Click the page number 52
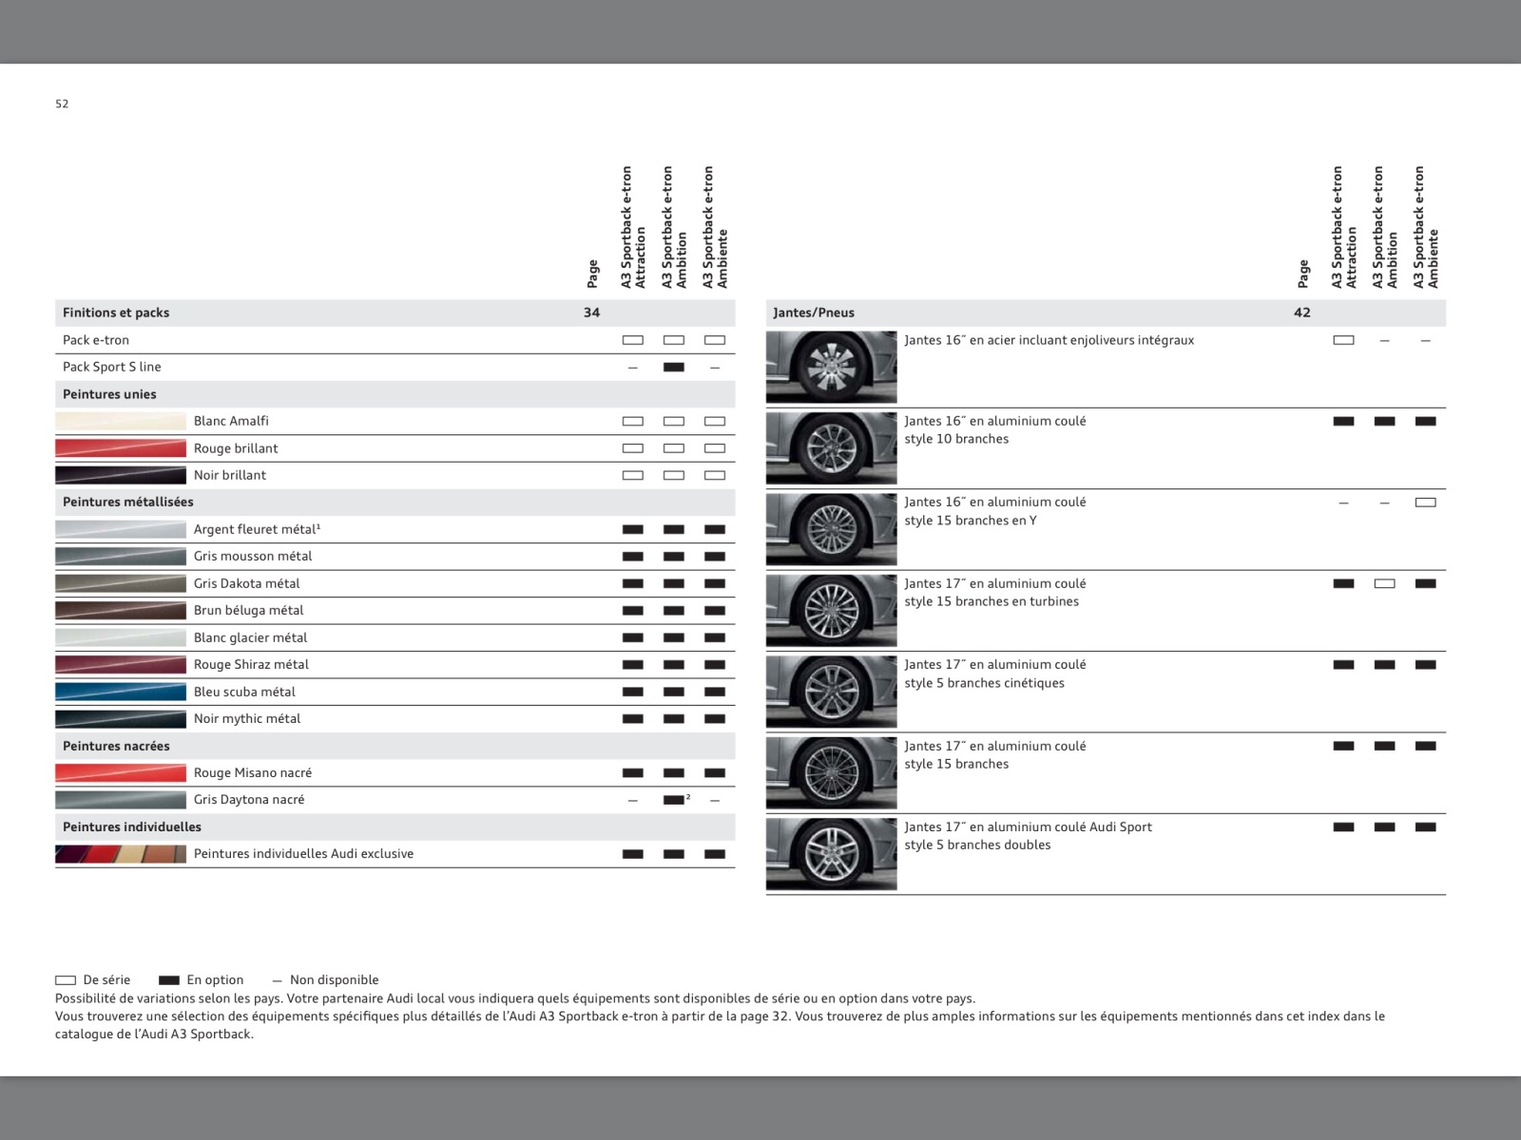pos(62,104)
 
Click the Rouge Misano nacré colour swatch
pos(121,772)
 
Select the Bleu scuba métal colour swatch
pos(121,692)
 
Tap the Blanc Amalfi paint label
pos(231,421)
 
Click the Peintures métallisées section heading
pos(128,502)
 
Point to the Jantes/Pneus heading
pos(814,313)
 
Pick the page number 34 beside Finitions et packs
pos(591,313)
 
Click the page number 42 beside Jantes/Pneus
pos(1301,313)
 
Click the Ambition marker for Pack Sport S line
pos(673,367)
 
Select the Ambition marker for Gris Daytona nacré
pos(673,800)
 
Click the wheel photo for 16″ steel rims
pos(831,367)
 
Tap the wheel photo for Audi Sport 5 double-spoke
pos(831,854)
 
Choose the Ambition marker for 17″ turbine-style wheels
pos(1384,583)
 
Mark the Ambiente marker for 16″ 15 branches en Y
pos(1425,503)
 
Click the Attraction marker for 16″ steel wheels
pos(1343,340)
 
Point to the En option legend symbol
pos(169,980)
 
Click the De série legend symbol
pos(66,980)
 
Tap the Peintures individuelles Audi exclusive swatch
pos(121,854)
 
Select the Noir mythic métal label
pos(247,719)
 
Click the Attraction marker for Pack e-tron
pos(632,340)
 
